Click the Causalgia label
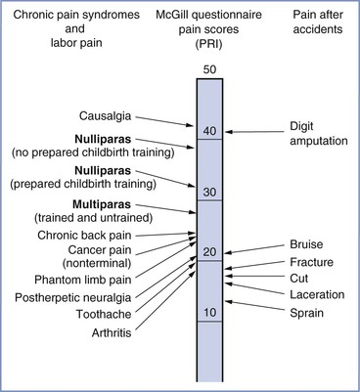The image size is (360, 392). coord(105,116)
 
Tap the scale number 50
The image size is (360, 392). coord(209,69)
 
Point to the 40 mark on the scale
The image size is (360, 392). coord(209,131)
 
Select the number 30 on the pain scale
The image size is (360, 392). coord(209,192)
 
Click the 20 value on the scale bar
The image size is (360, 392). coord(209,252)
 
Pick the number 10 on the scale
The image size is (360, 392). coord(209,313)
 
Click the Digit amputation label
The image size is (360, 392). coord(319,133)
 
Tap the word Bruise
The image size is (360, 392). coord(306,244)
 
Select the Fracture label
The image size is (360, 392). coord(311,262)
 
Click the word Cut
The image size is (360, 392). coord(298,279)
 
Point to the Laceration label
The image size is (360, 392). coord(317,294)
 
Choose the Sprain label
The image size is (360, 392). coord(306,313)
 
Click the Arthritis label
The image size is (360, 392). coord(112,332)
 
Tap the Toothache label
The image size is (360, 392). coord(104,314)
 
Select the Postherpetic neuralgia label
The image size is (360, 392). coord(73,298)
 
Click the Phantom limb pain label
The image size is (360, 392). coord(83,280)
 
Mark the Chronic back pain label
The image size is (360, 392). coord(84,236)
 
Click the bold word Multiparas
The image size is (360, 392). coord(102,204)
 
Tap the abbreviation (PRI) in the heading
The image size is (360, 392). coord(208,44)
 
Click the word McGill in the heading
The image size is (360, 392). coord(171,15)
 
